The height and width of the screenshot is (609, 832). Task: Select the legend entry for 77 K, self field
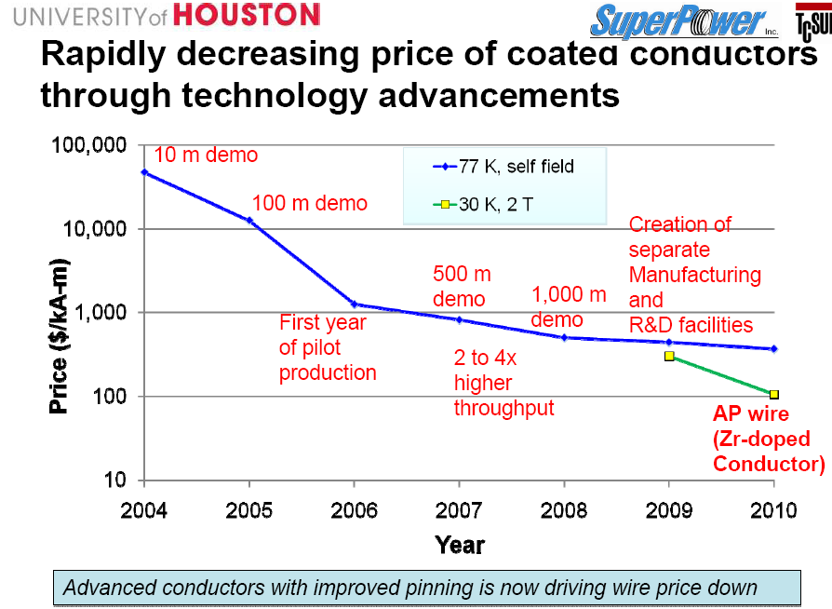pyautogui.click(x=503, y=168)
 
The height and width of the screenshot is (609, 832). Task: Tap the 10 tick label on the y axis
pyautogui.click(x=114, y=480)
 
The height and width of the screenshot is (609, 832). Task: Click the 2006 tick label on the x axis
pyautogui.click(x=354, y=509)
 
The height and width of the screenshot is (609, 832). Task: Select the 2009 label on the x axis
pyautogui.click(x=668, y=509)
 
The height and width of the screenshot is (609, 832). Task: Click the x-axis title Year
pyautogui.click(x=459, y=545)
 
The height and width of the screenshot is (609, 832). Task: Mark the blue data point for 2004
pyautogui.click(x=144, y=172)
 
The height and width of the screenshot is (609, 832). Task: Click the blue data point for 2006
pyautogui.click(x=354, y=304)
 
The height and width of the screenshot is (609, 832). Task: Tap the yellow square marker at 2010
pyautogui.click(x=773, y=395)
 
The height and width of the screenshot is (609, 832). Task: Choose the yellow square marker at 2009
pyautogui.click(x=668, y=356)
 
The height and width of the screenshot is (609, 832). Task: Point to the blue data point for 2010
pyautogui.click(x=773, y=349)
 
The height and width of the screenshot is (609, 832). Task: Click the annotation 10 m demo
pyautogui.click(x=205, y=156)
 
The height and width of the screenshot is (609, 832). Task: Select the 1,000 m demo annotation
pyautogui.click(x=569, y=306)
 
